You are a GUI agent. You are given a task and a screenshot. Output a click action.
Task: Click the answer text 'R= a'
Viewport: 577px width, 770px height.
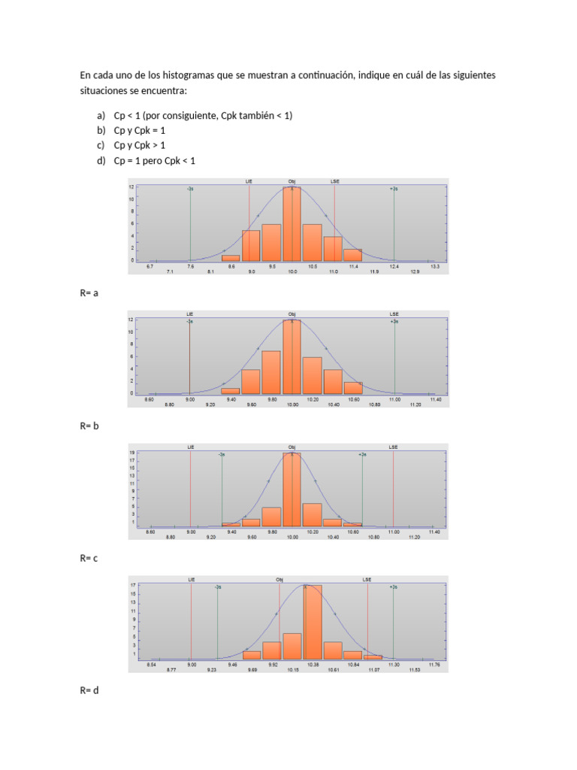coord(89,293)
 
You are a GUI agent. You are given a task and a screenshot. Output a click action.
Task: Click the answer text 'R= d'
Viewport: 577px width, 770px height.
coord(89,691)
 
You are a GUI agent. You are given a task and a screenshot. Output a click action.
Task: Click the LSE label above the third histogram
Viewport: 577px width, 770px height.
coord(393,447)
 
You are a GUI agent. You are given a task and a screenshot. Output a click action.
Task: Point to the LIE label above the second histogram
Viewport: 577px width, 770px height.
coord(190,314)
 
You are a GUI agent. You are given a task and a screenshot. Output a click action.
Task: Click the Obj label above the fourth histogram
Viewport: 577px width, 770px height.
coord(279,580)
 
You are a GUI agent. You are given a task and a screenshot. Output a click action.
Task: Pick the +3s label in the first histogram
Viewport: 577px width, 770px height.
coord(394,189)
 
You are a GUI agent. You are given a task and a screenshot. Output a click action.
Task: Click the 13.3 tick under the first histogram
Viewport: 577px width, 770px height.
coord(434,266)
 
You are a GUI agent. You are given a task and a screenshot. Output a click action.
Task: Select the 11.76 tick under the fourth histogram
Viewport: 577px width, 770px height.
coord(434,665)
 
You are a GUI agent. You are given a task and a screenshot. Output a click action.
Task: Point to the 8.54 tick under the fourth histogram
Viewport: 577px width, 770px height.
coord(151,665)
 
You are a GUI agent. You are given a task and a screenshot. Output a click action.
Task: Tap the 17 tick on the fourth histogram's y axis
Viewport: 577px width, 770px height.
coord(132,584)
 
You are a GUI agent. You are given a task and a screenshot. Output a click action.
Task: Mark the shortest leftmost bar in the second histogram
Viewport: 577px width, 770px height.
coord(231,391)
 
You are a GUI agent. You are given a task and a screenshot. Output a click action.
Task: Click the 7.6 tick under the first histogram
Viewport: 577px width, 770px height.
coord(191,266)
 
